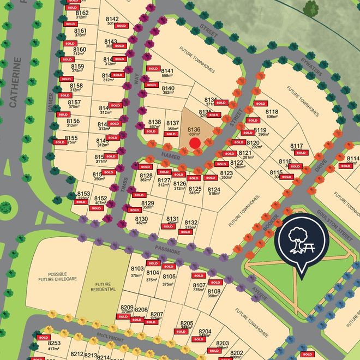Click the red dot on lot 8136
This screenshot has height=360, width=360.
[x=195, y=143]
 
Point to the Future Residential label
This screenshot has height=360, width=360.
[x=106, y=286]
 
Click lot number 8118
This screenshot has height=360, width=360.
[x=272, y=112]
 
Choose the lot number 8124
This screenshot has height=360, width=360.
[x=214, y=189]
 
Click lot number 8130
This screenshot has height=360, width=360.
[x=142, y=218]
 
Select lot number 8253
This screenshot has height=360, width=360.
[x=54, y=343]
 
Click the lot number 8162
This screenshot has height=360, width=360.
[x=82, y=13]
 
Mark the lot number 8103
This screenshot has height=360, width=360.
[x=137, y=269]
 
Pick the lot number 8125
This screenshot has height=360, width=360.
[x=195, y=189]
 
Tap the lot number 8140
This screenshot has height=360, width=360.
[x=168, y=88]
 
